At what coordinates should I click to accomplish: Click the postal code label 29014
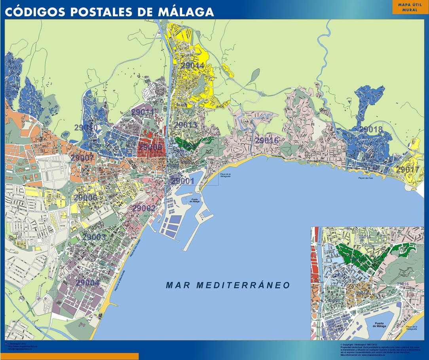pos(192,65)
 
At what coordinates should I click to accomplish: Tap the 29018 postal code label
pos(371,129)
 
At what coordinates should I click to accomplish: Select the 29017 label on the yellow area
pos(408,169)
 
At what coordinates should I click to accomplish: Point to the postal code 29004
pos(87,283)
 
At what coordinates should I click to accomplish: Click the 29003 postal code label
pos(94,237)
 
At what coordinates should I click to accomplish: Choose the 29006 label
pos(85,197)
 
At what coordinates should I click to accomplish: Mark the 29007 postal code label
pos(82,158)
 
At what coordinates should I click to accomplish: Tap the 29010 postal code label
pos(86,127)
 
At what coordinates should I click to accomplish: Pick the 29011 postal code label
pos(142,112)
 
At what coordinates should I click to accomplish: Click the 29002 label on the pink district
pos(144,208)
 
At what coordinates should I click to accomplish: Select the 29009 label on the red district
pos(150,147)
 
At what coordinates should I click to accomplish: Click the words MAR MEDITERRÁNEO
pos(228,285)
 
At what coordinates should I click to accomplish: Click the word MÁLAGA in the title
pos(187,12)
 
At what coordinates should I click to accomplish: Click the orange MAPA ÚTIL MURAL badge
pos(410,7)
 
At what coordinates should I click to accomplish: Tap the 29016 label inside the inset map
pos(402,284)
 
